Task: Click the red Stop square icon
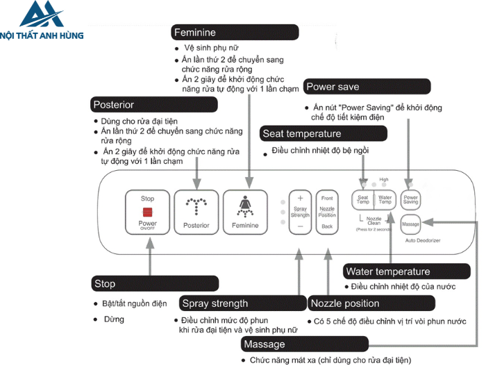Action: coord(147,212)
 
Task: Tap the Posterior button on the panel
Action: coord(196,211)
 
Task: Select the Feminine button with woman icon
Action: coord(244,211)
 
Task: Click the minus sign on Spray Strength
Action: coord(300,226)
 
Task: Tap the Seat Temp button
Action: coord(362,199)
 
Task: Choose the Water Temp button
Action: coord(385,199)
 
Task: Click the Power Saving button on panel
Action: coord(411,199)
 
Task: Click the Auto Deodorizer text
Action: coord(424,240)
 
